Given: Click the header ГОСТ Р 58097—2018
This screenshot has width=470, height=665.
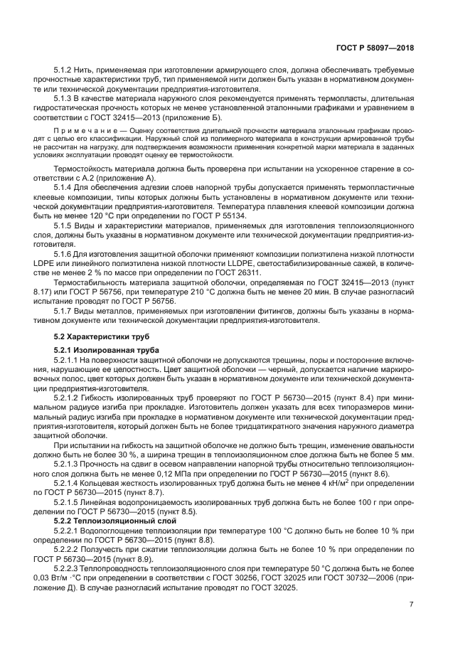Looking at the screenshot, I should (x=374, y=48).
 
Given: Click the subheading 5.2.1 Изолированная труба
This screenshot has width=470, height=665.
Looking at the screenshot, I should (x=106, y=350).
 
